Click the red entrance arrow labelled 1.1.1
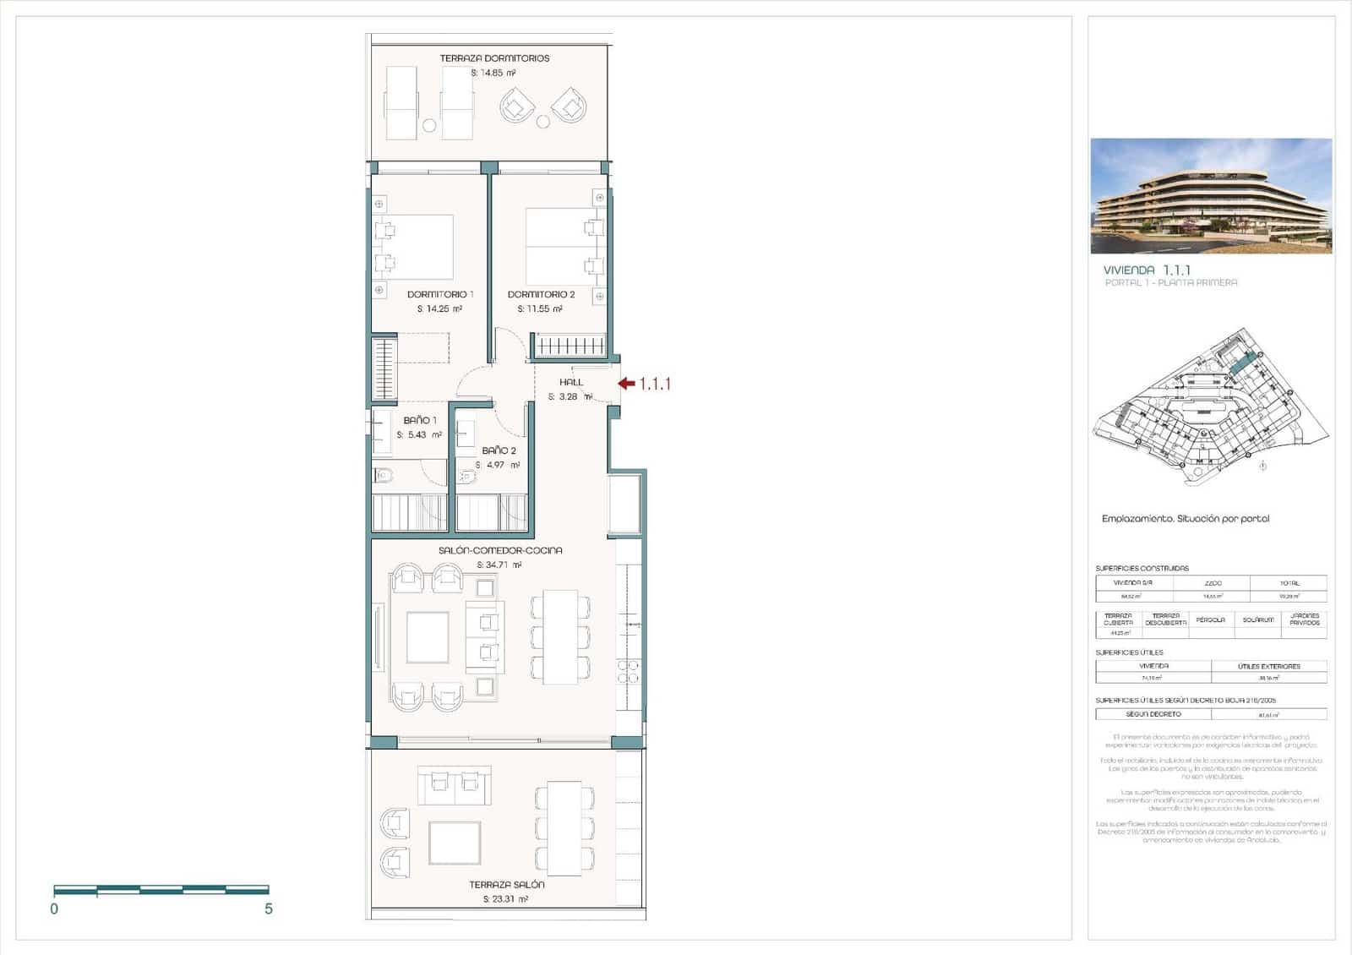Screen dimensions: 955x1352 click(626, 384)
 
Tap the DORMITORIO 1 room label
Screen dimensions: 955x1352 click(440, 294)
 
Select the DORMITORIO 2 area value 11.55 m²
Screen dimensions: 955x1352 click(540, 309)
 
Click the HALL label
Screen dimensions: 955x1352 click(571, 382)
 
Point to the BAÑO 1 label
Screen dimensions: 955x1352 click(420, 420)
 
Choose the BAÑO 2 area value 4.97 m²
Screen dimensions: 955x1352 click(498, 465)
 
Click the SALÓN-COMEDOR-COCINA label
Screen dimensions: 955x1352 click(500, 550)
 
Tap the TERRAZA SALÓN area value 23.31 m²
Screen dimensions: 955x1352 click(506, 899)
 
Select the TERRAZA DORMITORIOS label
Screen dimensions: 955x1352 click(494, 58)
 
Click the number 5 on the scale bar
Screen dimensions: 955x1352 click(269, 909)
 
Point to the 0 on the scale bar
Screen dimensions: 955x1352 click(54, 909)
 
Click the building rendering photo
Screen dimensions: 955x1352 click(1211, 196)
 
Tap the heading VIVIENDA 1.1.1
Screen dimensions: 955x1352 click(1147, 270)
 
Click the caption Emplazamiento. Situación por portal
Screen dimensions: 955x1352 click(1186, 519)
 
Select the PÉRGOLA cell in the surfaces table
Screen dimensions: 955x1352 click(1210, 620)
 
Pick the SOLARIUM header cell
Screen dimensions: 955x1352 click(1257, 620)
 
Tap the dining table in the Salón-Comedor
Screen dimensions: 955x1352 click(560, 636)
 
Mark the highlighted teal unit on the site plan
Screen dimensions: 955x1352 click(1240, 364)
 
